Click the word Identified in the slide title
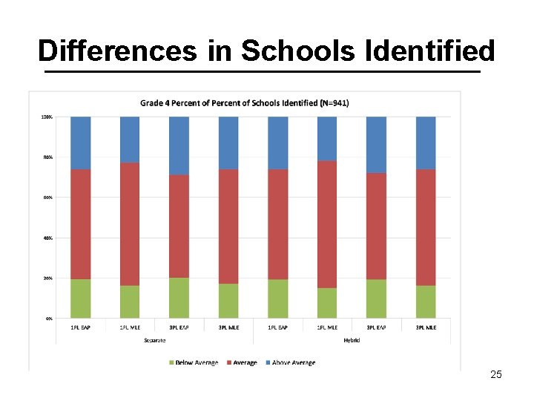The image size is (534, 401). tap(429, 51)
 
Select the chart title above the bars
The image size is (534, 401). tap(245, 102)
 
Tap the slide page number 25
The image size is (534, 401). tap(496, 374)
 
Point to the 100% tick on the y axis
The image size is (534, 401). tap(46, 117)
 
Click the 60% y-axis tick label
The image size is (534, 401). tap(46, 198)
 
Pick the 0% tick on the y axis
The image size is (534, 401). tap(47, 318)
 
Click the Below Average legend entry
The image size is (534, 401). tap(194, 362)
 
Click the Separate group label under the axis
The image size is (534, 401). tap(154, 340)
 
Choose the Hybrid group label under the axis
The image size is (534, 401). tap(352, 340)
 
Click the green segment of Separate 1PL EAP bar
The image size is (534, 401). tap(81, 299)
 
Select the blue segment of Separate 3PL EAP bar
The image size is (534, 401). tap(179, 146)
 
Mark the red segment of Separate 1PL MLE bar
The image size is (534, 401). tap(130, 224)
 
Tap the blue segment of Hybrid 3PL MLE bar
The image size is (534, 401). tap(426, 143)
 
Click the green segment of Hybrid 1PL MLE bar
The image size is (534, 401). tap(327, 303)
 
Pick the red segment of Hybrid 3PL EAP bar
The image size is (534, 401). tap(376, 226)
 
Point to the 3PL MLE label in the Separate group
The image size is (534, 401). tap(228, 327)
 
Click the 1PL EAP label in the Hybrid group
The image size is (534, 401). tap(277, 327)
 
